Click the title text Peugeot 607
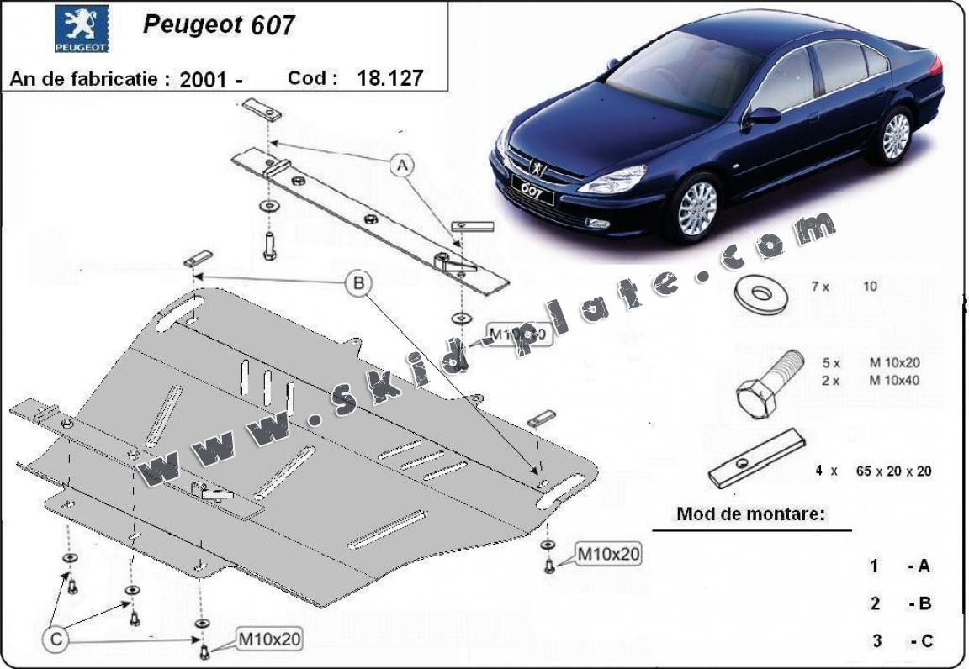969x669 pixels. click(219, 24)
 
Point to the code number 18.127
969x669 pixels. click(389, 78)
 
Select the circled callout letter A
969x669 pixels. click(402, 166)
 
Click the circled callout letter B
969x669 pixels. click(358, 283)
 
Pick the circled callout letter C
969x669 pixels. click(56, 640)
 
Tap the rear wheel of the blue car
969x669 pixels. click(897, 135)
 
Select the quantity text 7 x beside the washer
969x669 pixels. click(820, 287)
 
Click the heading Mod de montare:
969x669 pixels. click(750, 514)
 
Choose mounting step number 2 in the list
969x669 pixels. click(876, 603)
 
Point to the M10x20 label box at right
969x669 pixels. click(608, 555)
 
